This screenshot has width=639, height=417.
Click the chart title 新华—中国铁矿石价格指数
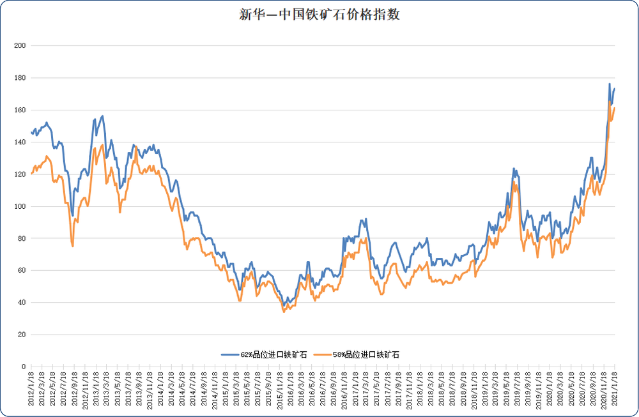click(x=319, y=15)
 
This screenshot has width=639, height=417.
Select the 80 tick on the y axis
click(x=20, y=238)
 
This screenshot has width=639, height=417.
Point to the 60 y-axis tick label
click(x=20, y=271)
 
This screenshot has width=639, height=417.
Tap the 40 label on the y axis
click(x=20, y=303)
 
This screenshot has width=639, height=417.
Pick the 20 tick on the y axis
click(x=20, y=335)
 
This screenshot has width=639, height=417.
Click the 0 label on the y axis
click(x=22, y=367)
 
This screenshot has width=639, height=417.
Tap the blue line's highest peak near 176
click(x=609, y=84)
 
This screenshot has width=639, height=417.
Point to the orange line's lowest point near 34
click(x=284, y=312)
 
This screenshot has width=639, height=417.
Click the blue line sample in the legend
click(x=230, y=354)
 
